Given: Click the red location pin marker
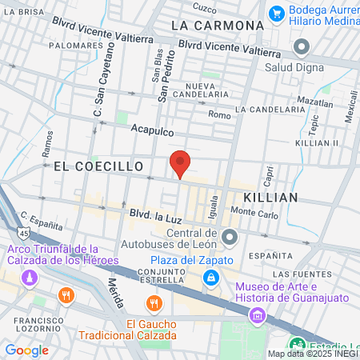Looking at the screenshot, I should click(181, 162).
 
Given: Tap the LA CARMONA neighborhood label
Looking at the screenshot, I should click(218, 26).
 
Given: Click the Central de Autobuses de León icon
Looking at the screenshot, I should click(230, 237).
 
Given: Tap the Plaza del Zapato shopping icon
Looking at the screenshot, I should click(210, 278).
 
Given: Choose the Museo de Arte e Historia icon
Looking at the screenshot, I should click(257, 315).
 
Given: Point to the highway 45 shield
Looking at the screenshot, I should click(24, 233).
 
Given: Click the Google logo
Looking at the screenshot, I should click(26, 350).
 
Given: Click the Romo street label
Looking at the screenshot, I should click(219, 114).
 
